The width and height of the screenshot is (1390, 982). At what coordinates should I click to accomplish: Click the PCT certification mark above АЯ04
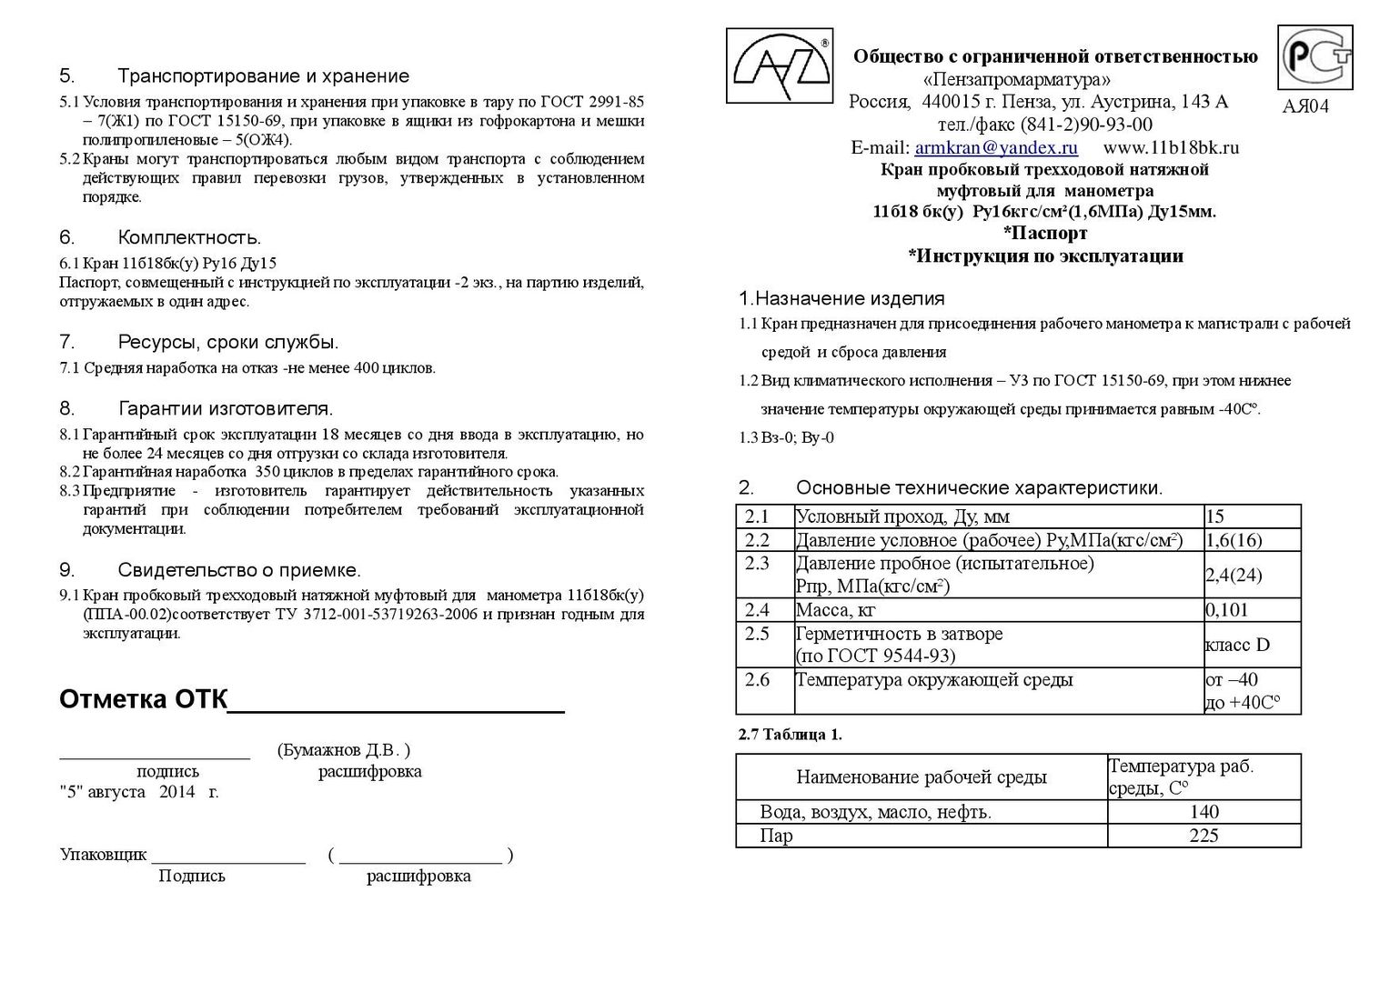coord(1314,57)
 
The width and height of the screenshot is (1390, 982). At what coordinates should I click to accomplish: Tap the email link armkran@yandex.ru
coord(996,147)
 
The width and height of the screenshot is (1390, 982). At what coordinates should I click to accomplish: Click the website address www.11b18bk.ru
coord(1171,147)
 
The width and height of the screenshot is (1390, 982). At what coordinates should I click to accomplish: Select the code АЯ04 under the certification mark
coord(1304,106)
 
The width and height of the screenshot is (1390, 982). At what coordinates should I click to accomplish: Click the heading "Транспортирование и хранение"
coord(263,76)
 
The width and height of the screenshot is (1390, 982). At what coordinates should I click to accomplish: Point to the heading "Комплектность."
coord(189,238)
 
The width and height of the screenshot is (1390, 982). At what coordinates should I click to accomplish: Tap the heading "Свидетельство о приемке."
coord(239,570)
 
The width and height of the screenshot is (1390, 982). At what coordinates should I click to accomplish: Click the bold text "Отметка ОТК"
coord(142,700)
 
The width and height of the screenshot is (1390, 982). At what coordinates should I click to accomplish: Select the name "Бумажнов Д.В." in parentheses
coord(343,750)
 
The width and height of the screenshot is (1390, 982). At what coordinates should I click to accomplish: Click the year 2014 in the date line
coord(176,792)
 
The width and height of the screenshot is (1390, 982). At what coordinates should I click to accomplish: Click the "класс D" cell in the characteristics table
coord(1236,646)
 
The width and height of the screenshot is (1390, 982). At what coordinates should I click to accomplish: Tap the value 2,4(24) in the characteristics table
coord(1233,576)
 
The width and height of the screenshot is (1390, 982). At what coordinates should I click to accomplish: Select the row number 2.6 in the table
coord(757,680)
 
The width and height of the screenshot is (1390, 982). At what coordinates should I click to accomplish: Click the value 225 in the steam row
coord(1203,836)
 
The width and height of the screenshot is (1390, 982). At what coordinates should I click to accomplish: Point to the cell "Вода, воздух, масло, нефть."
coord(875,812)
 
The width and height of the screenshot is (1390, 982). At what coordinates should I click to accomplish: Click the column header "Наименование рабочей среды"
coord(921,777)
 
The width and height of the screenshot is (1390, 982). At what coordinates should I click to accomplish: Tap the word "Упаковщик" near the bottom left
coord(103,855)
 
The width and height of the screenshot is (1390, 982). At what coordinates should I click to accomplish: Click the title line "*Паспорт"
coord(1045,234)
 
